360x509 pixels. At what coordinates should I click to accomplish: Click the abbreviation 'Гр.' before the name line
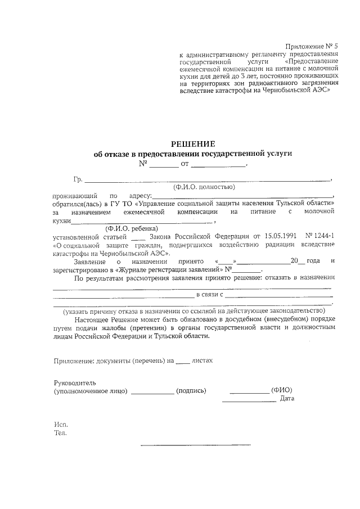[78, 179]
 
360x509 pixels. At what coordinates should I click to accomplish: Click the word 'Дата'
[287, 399]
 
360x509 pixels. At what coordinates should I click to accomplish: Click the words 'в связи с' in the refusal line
[210, 294]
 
